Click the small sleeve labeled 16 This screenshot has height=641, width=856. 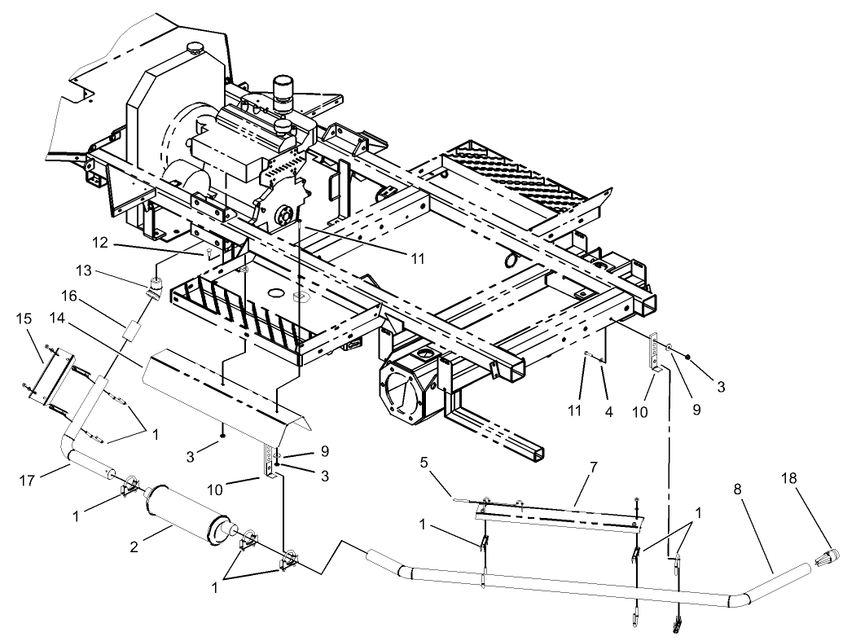click(x=131, y=334)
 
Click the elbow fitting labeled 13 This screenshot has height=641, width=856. click(x=155, y=287)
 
